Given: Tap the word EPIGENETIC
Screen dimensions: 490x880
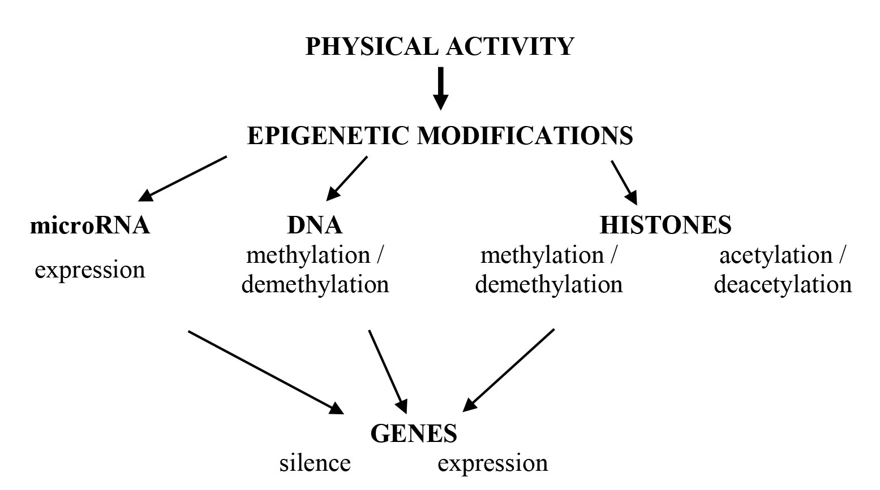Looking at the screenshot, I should (328, 136).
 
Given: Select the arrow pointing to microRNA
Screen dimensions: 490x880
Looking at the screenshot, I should (183, 178).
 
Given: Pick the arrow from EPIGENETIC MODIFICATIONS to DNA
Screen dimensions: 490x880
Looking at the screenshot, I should (347, 178).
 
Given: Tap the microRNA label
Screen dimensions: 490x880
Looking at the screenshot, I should (89, 226).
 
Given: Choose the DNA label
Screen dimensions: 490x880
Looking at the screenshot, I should (315, 226).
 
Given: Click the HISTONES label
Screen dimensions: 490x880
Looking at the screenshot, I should (665, 226).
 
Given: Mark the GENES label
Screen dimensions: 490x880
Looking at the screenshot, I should (414, 434).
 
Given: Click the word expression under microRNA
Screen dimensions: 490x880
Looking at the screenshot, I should (90, 270).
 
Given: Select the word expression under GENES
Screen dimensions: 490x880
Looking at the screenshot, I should (492, 463).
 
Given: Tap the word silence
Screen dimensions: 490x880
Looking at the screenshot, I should (315, 463).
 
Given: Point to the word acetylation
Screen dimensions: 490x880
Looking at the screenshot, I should (776, 255).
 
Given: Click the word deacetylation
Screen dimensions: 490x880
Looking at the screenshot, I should (783, 284).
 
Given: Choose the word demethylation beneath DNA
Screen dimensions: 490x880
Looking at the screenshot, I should (315, 284).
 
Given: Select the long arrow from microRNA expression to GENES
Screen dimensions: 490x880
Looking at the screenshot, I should (265, 371).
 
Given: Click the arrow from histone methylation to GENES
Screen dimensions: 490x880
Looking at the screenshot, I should (509, 370).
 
